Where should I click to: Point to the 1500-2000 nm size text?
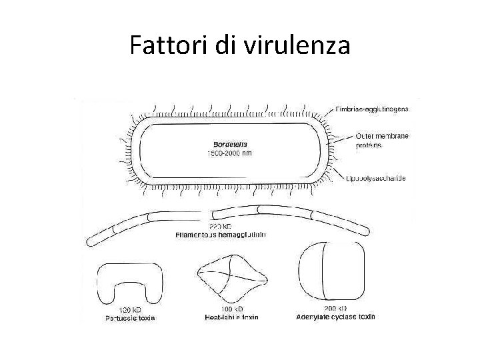(231, 153)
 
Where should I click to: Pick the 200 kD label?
(335, 309)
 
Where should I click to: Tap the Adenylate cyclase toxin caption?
(335, 317)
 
